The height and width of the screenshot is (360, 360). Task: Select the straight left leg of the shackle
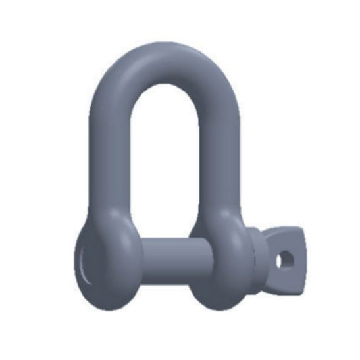(104, 158)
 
